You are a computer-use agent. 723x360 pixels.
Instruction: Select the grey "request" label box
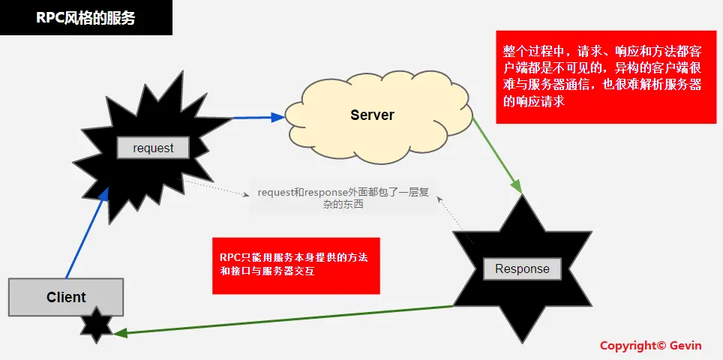click(153, 148)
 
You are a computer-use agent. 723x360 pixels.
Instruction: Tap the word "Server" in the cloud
click(372, 115)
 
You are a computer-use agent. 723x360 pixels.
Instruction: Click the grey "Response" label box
click(522, 268)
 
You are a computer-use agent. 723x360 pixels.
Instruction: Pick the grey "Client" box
click(66, 297)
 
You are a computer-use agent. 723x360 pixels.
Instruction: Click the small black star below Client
click(97, 325)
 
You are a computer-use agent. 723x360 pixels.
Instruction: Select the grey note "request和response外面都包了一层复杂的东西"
click(343, 198)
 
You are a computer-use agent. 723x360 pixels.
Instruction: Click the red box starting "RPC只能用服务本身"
click(295, 265)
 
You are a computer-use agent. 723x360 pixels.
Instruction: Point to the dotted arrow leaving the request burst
click(217, 188)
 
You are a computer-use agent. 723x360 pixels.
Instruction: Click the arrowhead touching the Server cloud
click(278, 116)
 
